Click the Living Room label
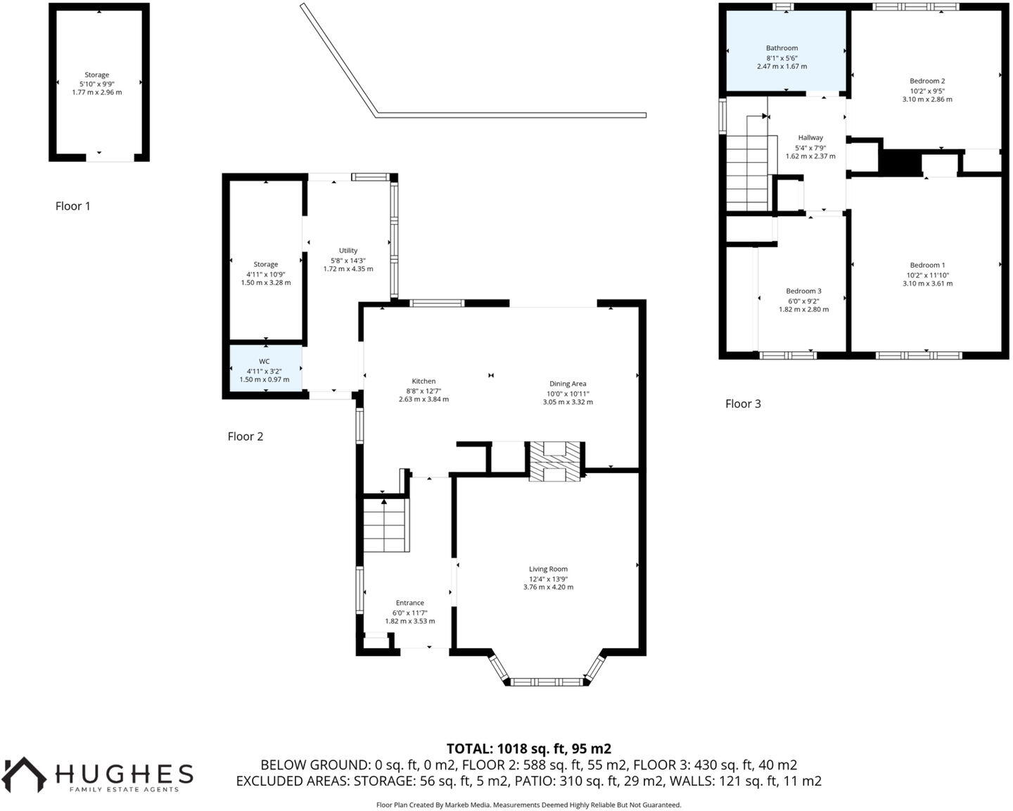[548, 569]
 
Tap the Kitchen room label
[423, 381]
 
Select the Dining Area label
[567, 384]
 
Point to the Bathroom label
[782, 48]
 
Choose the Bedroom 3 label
[803, 291]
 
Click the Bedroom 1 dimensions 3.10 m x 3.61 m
[927, 284]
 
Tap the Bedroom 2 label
[927, 81]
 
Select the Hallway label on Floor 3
[810, 138]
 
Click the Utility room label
[348, 251]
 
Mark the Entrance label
[409, 603]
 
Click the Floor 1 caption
[73, 206]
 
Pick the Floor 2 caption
[246, 436]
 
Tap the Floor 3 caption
[743, 403]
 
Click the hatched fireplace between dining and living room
[556, 462]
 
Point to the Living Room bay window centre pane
[548, 681]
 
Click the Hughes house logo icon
[25, 774]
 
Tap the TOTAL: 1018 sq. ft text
[528, 748]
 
